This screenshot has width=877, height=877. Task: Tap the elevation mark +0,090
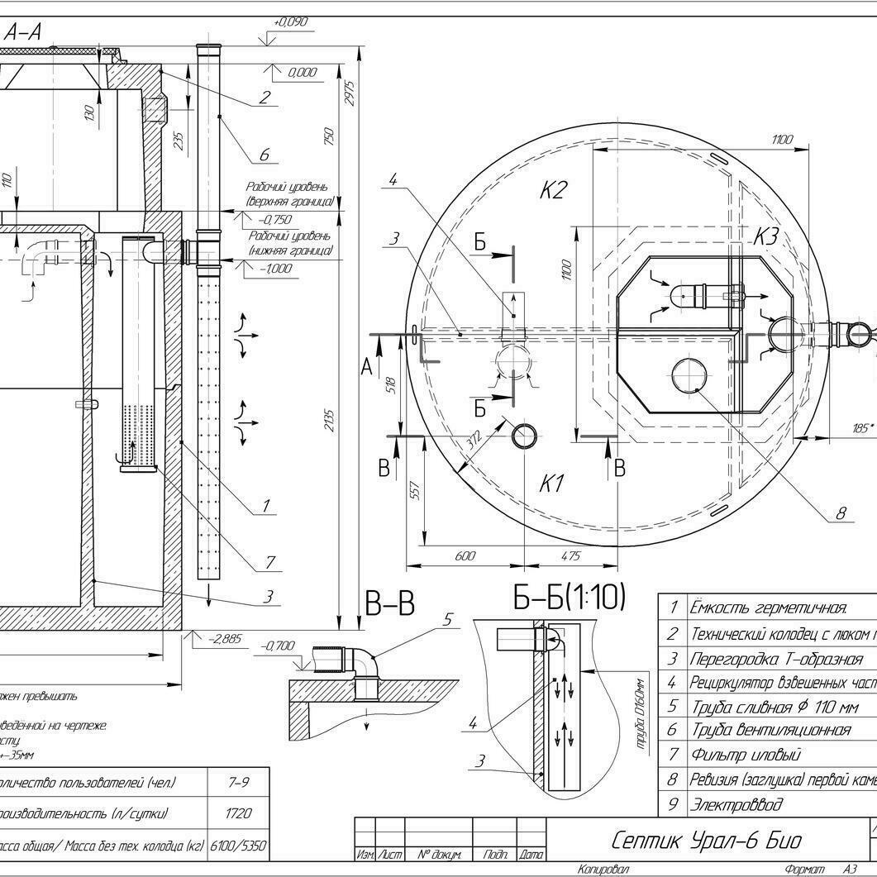tap(290, 22)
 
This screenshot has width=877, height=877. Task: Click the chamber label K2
tap(553, 191)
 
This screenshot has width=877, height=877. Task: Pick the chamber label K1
tap(551, 484)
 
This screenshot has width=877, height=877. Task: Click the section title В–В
tap(389, 605)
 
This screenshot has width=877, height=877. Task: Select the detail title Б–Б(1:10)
tap(570, 598)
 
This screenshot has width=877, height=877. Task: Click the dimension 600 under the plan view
tap(465, 556)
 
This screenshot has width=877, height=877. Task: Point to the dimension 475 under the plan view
tap(570, 556)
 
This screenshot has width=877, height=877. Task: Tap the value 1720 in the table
tap(238, 813)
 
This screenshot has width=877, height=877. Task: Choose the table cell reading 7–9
tap(238, 781)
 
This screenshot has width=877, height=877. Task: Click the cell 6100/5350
tap(238, 846)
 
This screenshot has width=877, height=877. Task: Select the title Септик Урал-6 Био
tap(706, 841)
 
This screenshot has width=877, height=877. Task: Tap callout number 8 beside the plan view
tap(841, 513)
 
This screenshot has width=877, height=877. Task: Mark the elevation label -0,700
tap(278, 646)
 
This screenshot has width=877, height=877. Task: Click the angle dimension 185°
tap(863, 428)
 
